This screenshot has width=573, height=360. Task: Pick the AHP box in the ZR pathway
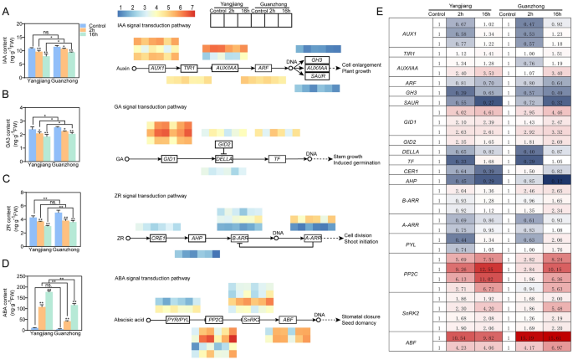[x=197, y=238]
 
